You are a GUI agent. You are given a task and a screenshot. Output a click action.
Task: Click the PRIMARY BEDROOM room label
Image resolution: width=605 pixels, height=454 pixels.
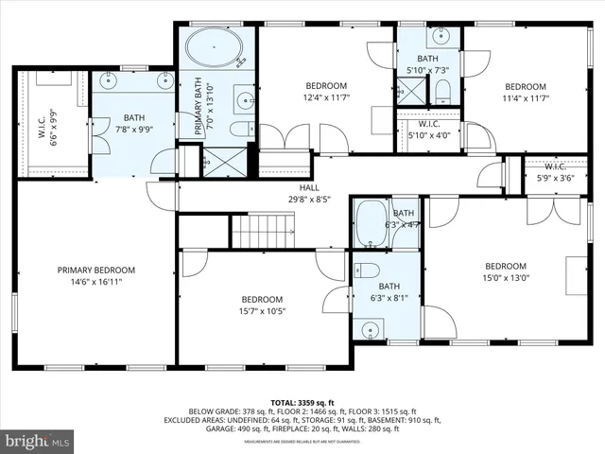[95, 270]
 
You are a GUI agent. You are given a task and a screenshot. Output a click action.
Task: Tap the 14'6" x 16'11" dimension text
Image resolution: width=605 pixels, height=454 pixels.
[95, 282]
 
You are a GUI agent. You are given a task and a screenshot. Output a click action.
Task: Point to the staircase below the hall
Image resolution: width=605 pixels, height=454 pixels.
[264, 230]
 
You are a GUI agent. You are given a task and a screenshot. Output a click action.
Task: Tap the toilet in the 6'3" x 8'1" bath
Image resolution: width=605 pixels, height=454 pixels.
[365, 269]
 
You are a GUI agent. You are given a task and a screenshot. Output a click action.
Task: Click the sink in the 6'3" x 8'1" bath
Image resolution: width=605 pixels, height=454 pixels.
[368, 328]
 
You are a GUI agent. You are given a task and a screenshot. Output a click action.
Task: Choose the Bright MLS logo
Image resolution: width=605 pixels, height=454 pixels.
[38, 441]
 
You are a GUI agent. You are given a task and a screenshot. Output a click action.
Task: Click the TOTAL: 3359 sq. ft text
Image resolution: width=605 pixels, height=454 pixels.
[302, 402]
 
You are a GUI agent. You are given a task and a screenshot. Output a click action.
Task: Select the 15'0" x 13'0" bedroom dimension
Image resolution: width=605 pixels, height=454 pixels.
[506, 278]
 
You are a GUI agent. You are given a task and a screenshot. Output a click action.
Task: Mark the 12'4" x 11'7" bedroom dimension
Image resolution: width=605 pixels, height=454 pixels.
[326, 97]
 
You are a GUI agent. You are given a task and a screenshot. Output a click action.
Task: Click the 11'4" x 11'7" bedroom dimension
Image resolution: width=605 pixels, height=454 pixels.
[525, 97]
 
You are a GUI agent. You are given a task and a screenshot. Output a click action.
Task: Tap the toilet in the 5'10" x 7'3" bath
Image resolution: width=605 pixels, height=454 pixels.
[442, 92]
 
